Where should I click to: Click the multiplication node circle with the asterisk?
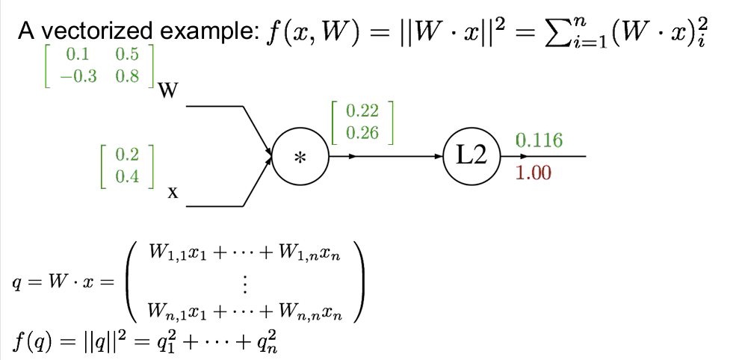point(300,157)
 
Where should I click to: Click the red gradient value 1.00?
point(534,173)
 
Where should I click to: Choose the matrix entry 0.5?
point(126,55)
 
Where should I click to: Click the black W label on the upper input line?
point(169,92)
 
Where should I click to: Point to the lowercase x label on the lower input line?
point(173,193)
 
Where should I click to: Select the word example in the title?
point(211,32)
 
